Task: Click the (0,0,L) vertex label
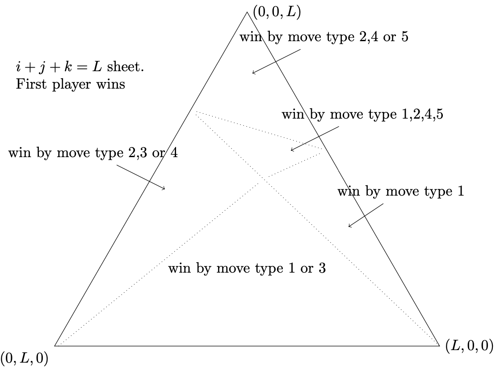point(277,13)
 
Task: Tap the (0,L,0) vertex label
point(25,359)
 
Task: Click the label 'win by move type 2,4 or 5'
point(324,37)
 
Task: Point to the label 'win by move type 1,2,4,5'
point(362,114)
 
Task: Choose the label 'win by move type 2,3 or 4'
point(93,153)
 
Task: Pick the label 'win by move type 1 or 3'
point(247,268)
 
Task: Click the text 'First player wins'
point(70,84)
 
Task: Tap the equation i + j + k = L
point(59,67)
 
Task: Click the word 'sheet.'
point(126,67)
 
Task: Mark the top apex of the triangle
point(247,12)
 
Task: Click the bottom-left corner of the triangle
point(55,346)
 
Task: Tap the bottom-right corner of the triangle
point(440,346)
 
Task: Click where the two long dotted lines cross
point(260,182)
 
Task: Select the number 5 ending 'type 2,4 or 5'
point(405,37)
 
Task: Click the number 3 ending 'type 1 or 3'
point(322,268)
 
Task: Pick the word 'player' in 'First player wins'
point(72,85)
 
